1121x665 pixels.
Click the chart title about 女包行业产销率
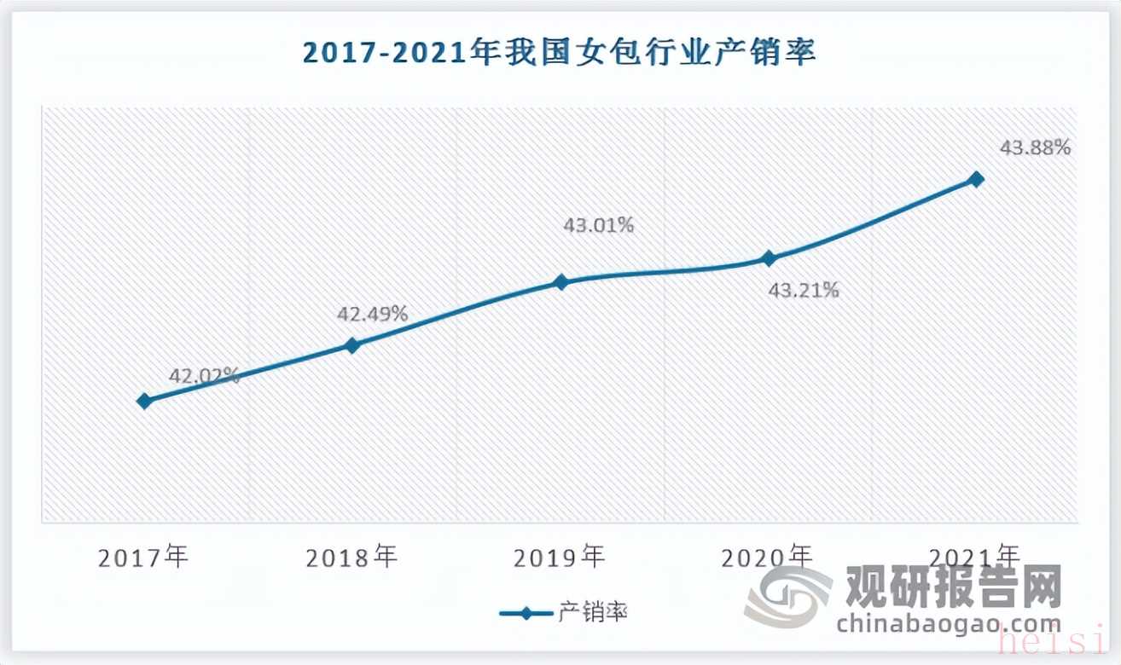(560, 53)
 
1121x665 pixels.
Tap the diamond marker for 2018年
(352, 345)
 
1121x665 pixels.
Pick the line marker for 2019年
(560, 282)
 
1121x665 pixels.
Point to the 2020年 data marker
(769, 258)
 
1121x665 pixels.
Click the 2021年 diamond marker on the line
(977, 179)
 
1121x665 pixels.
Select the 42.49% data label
(373, 313)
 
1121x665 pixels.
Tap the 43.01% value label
(598, 226)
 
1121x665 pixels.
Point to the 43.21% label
(804, 291)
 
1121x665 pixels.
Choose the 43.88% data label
(1035, 147)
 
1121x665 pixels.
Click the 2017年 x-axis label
(143, 558)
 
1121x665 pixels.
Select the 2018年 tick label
(351, 558)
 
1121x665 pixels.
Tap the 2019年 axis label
(560, 558)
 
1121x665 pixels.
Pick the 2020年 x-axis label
(767, 558)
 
